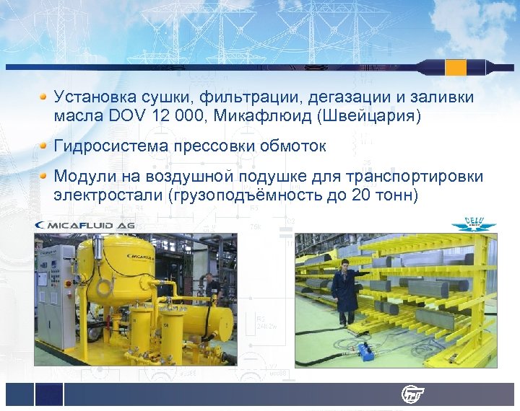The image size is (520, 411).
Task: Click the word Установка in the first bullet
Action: tap(92, 97)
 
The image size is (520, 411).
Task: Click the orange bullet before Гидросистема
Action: tap(44, 146)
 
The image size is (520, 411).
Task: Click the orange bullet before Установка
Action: tap(44, 96)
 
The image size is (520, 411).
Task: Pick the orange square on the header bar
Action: tap(456, 67)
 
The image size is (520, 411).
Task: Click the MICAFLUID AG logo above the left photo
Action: tap(85, 226)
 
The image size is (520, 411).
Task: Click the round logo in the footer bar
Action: tap(413, 394)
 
